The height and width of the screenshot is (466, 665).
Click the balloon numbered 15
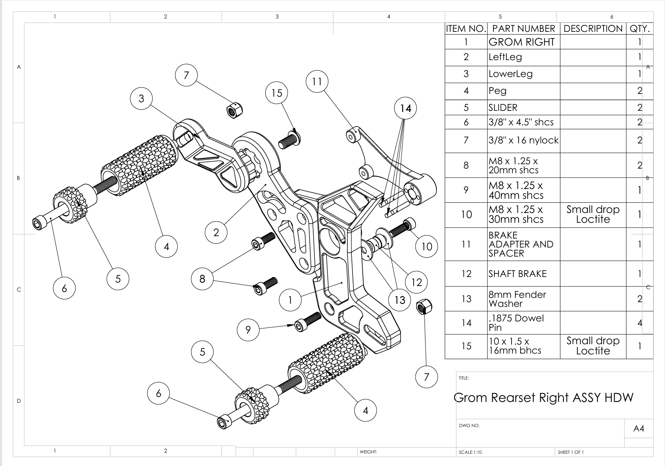277,93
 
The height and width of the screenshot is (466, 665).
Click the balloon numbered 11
317,81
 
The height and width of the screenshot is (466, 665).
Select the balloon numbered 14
405,108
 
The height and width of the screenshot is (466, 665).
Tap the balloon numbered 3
141,98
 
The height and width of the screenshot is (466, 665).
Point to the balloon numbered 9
248,330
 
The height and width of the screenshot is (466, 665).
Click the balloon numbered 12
416,282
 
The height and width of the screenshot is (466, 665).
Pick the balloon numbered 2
216,233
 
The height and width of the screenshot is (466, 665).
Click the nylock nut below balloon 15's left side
235,110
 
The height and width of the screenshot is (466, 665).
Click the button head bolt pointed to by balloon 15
290,139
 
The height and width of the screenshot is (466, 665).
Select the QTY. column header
639,29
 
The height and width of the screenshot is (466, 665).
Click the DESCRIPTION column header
593,29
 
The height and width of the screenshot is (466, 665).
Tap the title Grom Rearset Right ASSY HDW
543,398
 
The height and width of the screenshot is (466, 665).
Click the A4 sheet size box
639,429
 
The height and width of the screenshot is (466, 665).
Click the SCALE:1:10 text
470,452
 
